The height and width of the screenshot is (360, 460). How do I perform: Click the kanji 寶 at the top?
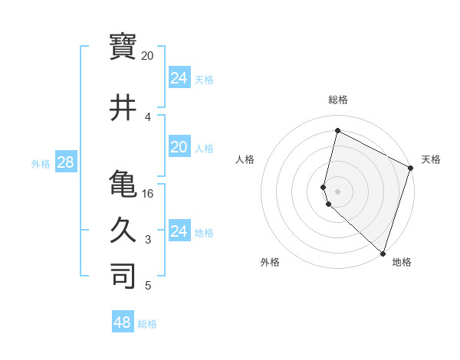point(123,47)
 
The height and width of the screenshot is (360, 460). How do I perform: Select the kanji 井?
point(123,107)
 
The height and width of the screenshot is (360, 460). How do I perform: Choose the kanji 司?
point(123,277)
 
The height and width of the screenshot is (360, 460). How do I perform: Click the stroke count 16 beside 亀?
point(148,194)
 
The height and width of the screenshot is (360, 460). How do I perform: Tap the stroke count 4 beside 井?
point(147,117)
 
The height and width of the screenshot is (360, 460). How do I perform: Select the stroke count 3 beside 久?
point(147,241)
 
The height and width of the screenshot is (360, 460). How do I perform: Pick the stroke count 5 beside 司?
point(147,286)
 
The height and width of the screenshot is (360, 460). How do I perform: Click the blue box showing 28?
point(65,163)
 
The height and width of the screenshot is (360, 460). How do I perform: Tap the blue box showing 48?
point(123,322)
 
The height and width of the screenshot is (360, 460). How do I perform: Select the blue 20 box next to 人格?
point(179,147)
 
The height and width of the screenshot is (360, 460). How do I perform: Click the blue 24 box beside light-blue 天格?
point(179,78)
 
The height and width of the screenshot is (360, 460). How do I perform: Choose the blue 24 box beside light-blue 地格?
point(179,231)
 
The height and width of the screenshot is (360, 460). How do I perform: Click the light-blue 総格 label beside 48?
point(147,324)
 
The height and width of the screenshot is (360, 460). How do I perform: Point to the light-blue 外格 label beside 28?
point(41,164)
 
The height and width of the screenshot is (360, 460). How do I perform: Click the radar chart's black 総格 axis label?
point(338,100)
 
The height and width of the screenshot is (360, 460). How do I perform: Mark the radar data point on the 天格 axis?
point(411,169)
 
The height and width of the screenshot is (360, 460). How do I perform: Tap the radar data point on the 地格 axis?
point(383,254)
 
